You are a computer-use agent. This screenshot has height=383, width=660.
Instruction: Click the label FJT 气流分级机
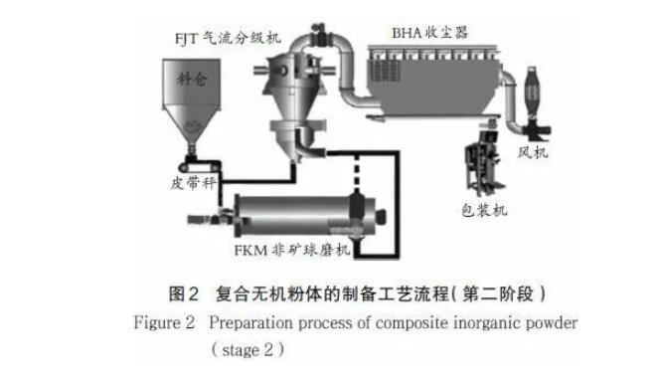(228, 39)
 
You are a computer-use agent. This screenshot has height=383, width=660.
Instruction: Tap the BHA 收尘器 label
(429, 33)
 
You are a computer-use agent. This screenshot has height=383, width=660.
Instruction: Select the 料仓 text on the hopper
(192, 79)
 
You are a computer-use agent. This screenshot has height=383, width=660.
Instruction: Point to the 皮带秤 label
(193, 183)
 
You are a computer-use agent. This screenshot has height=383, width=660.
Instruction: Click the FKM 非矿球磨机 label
(291, 251)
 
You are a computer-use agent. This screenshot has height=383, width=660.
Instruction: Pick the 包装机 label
(484, 210)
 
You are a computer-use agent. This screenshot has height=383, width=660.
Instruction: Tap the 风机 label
(533, 152)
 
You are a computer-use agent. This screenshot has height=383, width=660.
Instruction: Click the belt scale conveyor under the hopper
(199, 166)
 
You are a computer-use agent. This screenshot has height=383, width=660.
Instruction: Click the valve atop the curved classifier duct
(317, 34)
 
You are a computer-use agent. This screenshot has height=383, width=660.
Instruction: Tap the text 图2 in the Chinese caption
(183, 293)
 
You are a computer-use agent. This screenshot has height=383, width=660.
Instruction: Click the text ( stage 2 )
(247, 350)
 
